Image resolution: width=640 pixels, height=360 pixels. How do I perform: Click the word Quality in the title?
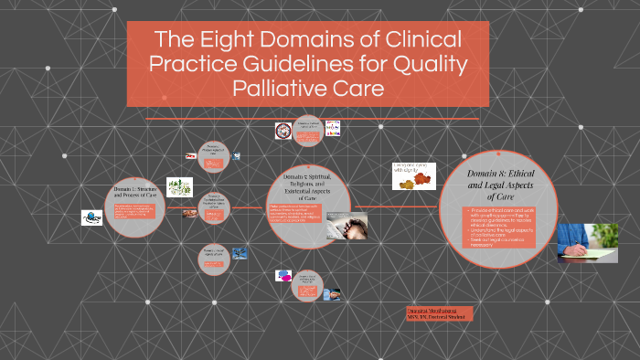[x=432, y=65]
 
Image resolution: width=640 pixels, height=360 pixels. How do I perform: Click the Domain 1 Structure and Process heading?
[x=135, y=194]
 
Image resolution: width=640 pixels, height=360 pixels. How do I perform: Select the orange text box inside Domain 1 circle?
[x=134, y=213]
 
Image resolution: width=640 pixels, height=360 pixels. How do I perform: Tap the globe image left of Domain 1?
[x=92, y=217]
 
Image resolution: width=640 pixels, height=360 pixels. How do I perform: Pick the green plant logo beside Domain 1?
[x=179, y=186]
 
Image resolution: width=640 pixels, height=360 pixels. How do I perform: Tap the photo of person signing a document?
[x=587, y=242]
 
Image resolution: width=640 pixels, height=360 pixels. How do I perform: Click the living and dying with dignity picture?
[x=413, y=175]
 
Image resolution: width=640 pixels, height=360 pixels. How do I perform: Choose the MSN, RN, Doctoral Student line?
[x=438, y=316]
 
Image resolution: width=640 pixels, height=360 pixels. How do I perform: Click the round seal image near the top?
[x=283, y=131]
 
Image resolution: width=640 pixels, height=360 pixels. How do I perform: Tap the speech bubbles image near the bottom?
[x=283, y=274]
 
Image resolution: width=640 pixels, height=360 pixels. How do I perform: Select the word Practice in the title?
[x=186, y=65]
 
